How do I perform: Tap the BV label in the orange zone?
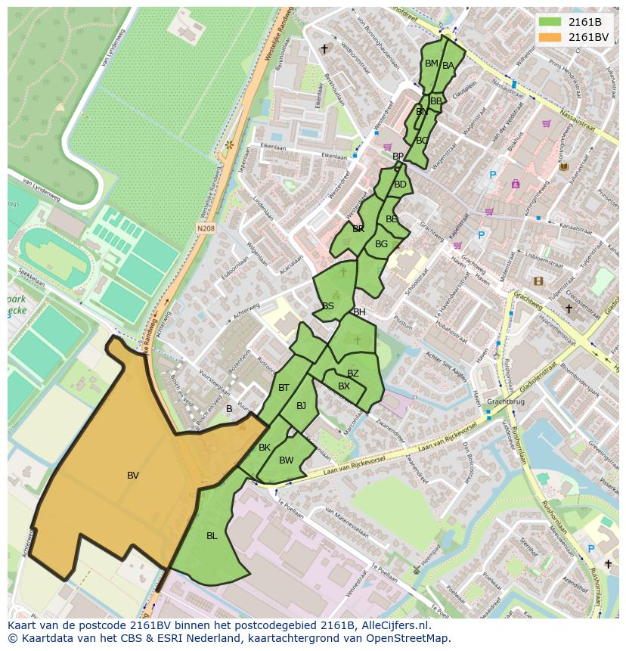(x=133, y=476)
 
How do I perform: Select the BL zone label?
(x=212, y=536)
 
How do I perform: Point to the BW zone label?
(x=286, y=460)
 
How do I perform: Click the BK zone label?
(x=265, y=448)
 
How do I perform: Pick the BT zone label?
(x=284, y=388)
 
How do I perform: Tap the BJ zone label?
(x=302, y=406)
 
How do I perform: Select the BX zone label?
(x=344, y=386)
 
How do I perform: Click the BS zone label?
(x=328, y=306)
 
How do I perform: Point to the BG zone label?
(x=381, y=244)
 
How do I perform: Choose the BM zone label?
(x=432, y=64)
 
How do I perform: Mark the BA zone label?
(x=448, y=66)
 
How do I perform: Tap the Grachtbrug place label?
(x=505, y=402)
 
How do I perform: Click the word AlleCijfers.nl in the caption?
(x=394, y=625)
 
